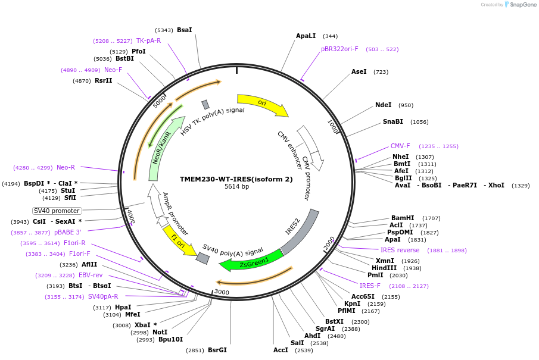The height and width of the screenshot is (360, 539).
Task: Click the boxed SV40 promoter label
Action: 57,211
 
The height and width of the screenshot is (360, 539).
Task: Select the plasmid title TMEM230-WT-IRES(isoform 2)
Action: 236,179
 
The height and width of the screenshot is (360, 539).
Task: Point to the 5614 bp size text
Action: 236,187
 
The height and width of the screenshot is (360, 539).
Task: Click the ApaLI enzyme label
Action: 306,36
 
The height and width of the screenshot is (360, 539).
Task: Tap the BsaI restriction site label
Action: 185,30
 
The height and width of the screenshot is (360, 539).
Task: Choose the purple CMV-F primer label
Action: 400,146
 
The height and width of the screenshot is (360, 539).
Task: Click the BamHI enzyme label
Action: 403,218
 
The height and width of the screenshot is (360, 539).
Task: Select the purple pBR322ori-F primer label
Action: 339,49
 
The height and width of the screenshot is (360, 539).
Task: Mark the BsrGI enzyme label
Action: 217,350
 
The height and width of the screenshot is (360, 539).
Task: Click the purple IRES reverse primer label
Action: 400,250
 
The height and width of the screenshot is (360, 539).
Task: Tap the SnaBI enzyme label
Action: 393,121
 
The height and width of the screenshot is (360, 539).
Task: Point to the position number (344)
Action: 330,36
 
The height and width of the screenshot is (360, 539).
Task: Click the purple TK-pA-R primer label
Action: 148,40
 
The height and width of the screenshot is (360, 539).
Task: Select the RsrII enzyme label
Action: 104,80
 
